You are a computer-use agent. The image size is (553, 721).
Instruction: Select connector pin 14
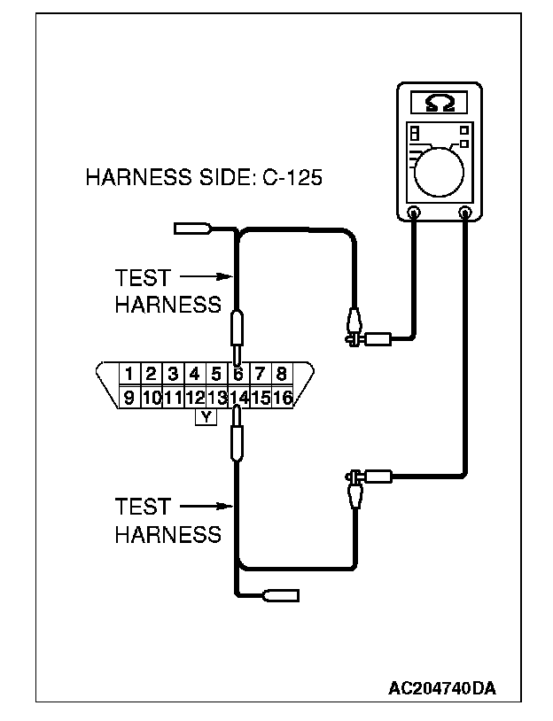238,398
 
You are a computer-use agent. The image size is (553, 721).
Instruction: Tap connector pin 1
129,374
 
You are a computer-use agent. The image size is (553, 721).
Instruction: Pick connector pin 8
282,374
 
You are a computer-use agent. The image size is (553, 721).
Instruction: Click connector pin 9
129,398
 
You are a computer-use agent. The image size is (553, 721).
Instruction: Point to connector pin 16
283,398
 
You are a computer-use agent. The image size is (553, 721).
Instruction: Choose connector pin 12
195,398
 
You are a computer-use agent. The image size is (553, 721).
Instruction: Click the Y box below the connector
206,416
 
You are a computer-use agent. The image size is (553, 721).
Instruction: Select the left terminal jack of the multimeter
414,213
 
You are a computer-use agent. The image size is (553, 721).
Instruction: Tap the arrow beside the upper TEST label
208,277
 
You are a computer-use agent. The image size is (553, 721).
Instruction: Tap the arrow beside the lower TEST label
208,508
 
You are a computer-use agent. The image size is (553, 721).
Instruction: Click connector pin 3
173,374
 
